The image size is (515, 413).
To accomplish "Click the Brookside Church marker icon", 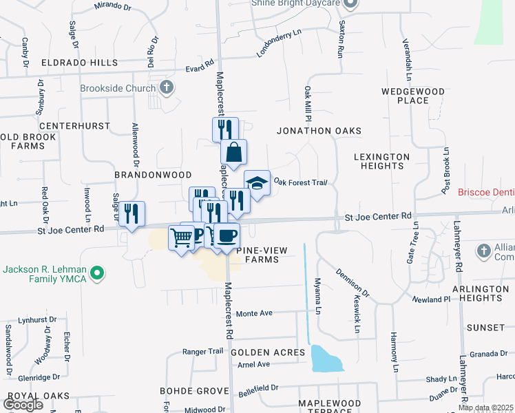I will tap(166, 87).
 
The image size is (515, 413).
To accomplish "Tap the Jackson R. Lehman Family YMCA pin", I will tap(98, 273).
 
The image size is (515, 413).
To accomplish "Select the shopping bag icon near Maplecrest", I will tap(233, 152).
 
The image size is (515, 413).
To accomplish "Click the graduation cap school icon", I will tap(257, 183).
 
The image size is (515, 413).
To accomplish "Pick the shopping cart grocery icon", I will tap(182, 237).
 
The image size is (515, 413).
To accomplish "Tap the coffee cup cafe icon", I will tap(227, 236).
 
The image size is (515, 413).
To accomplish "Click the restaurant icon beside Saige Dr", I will tap(132, 213).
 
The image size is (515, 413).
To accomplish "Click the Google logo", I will tap(23, 404).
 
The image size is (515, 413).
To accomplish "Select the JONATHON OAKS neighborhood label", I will tap(319, 130).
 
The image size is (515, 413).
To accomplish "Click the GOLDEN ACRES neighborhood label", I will tap(268, 352).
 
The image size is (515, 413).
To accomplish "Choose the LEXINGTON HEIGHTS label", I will tap(381, 161).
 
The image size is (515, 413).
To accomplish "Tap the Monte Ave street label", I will tap(255, 313).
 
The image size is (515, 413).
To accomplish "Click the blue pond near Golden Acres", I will tap(326, 359).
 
